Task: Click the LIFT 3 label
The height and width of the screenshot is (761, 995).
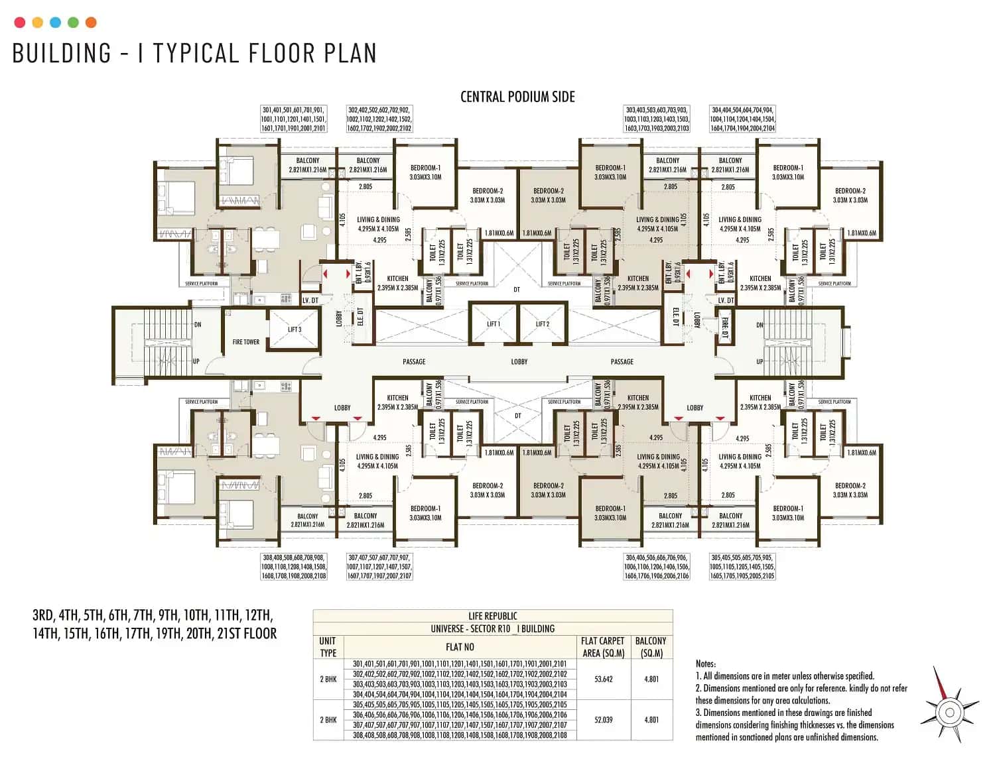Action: point(295,329)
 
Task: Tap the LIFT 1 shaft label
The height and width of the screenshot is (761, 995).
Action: point(493,324)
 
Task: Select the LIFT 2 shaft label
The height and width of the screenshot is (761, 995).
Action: point(543,324)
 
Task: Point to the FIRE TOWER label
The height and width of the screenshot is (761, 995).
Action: point(246,342)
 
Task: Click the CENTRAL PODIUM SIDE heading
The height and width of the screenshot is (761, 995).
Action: point(517,97)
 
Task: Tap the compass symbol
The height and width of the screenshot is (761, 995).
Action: point(949,712)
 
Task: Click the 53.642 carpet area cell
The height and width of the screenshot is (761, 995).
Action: point(603,679)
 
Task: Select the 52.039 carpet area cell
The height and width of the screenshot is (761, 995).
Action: point(603,720)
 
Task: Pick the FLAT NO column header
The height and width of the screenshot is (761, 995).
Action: point(460,647)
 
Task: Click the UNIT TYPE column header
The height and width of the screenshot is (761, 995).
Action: point(328,647)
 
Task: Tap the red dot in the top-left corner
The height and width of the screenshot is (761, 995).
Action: point(20,23)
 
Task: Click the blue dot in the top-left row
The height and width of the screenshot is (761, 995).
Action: point(56,23)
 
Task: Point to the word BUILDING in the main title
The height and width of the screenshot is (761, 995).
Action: point(62,54)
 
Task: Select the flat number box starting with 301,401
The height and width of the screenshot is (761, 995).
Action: point(293,119)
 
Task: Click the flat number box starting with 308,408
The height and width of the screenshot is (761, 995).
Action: point(293,567)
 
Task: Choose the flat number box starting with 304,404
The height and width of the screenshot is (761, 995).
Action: point(742,119)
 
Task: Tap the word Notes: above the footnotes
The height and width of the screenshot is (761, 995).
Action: point(706,664)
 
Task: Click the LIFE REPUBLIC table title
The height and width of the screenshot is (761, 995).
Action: point(492,616)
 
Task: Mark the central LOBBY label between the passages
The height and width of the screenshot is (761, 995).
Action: point(519,362)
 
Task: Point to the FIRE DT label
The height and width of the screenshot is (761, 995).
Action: point(724,328)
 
